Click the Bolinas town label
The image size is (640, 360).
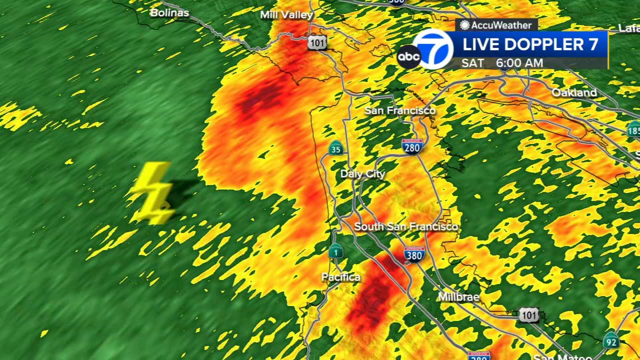click(170, 12)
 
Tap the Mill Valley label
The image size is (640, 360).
click(286, 15)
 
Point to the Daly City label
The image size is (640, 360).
click(362, 174)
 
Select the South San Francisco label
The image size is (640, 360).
click(406, 226)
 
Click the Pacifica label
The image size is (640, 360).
click(341, 277)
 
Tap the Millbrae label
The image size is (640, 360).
click(458, 297)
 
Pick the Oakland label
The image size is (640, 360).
click(574, 92)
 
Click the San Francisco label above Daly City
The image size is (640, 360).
click(400, 110)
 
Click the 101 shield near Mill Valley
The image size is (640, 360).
click(317, 42)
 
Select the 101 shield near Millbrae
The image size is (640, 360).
click(528, 314)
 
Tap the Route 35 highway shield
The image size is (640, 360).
click(335, 148)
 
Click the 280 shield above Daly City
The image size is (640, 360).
click(412, 146)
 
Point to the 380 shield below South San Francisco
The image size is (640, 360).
click(414, 254)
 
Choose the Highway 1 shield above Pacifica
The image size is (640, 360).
click(335, 251)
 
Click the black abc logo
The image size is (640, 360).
click(408, 56)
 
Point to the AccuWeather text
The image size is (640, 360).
click(495, 24)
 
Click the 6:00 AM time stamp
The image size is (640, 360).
click(519, 63)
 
